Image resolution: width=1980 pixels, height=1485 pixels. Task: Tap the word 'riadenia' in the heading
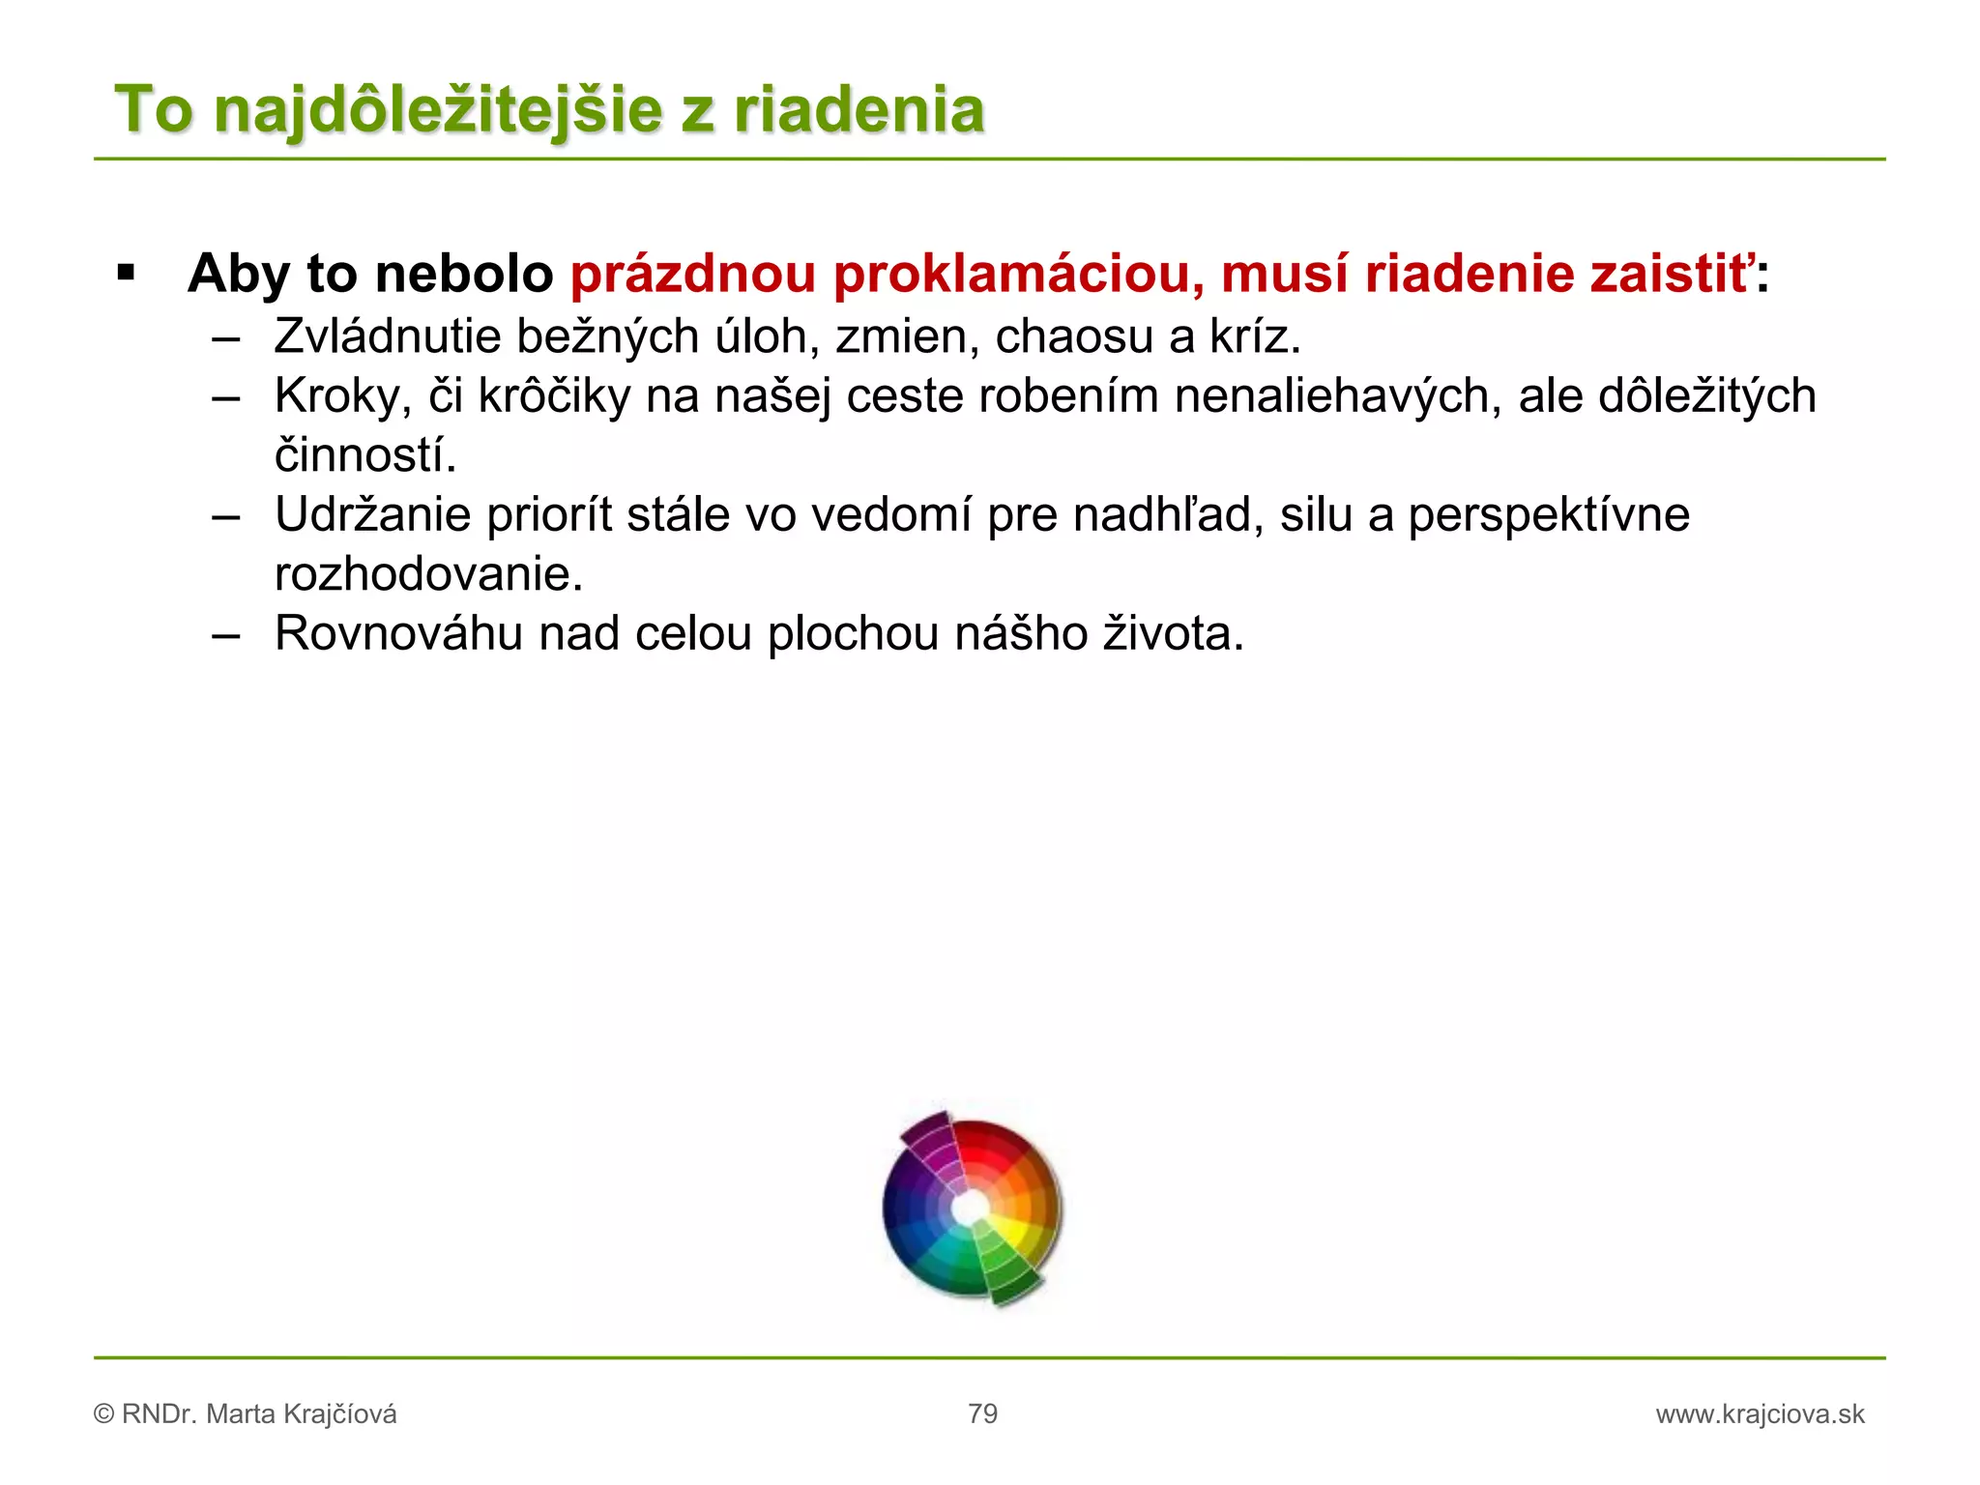pos(859,109)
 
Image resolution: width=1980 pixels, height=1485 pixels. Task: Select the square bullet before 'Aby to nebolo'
pos(126,273)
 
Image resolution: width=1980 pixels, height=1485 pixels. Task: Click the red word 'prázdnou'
pos(693,275)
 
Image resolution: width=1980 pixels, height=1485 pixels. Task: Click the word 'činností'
pos(364,455)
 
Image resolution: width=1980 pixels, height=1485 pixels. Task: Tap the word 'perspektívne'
pos(1549,516)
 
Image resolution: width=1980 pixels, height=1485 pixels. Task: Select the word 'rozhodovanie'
pos(428,574)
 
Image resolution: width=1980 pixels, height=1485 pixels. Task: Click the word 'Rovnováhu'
pos(398,634)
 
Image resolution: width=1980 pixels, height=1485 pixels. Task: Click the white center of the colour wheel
pos(970,1208)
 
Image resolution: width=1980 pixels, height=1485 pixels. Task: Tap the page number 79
pos(982,1413)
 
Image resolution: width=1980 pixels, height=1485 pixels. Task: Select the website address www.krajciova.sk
pos(1760,1414)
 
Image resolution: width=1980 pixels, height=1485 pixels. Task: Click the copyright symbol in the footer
pos(104,1414)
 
